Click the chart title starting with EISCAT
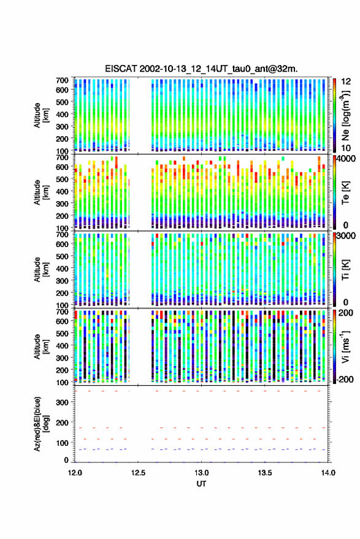(201, 69)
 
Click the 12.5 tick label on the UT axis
(138, 473)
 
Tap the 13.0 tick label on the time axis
(202, 473)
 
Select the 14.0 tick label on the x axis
(328, 473)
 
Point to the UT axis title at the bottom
(201, 484)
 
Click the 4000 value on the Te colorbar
(347, 159)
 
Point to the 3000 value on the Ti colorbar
(347, 236)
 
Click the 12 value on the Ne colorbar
(347, 82)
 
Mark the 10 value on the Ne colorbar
(347, 148)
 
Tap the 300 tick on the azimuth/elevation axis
(62, 402)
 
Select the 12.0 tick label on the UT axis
(75, 473)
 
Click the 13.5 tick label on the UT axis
(265, 473)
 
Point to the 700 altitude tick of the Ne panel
(62, 80)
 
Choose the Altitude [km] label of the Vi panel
(41, 346)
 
